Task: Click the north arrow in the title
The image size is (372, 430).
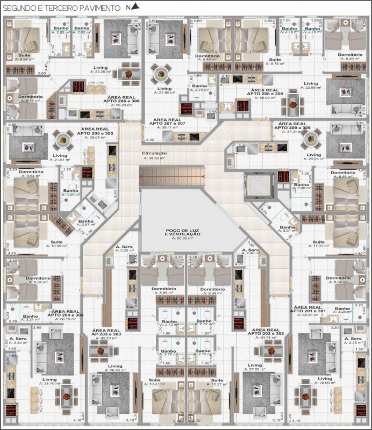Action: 134,6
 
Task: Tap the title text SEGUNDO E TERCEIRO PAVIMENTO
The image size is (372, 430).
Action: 62,8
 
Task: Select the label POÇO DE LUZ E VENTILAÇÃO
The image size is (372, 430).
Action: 183,232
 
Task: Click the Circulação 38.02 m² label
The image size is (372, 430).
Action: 154,156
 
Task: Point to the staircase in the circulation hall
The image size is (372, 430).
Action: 172,177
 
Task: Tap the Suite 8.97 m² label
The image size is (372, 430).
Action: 23,57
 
